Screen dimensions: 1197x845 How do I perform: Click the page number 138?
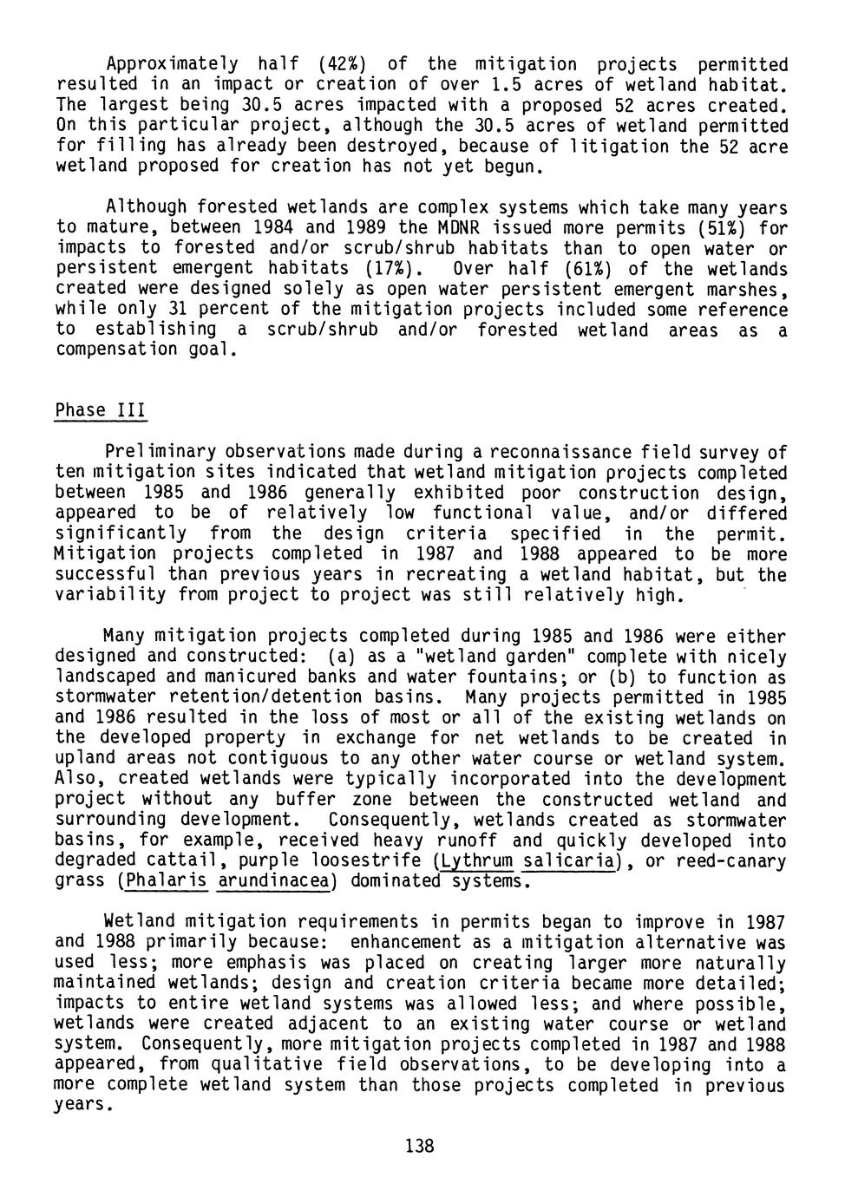[x=419, y=1147]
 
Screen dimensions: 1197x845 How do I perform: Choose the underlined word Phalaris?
[x=166, y=882]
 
